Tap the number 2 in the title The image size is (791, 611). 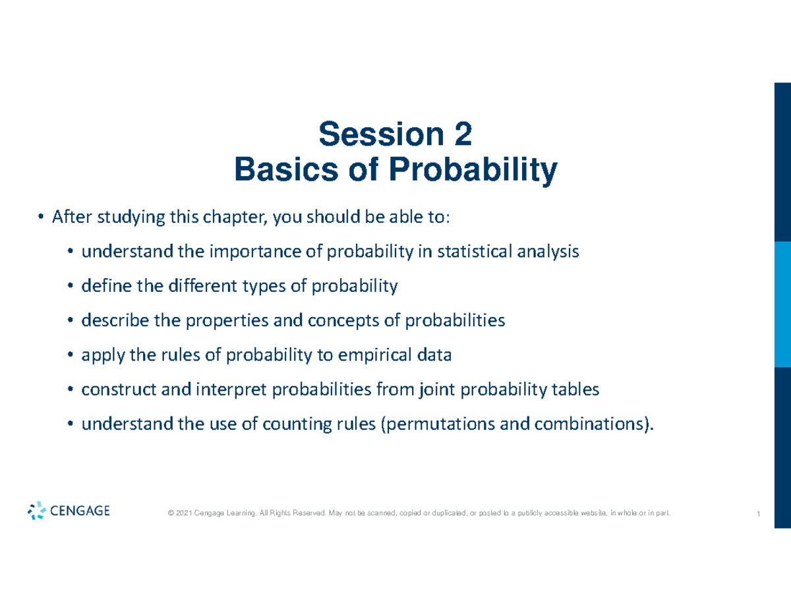point(462,136)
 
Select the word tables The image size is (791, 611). point(577,390)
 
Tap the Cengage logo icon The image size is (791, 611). point(37,511)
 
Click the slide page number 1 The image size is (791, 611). point(759,514)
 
